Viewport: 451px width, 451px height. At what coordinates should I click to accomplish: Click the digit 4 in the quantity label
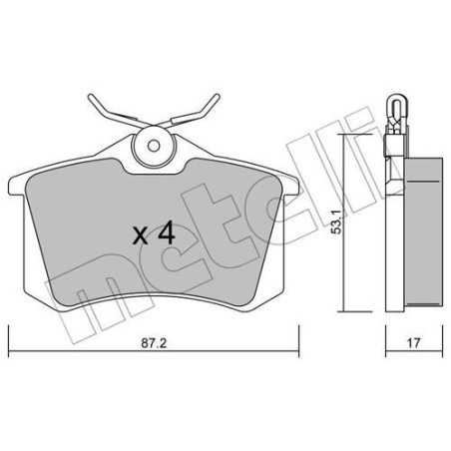pos(166,235)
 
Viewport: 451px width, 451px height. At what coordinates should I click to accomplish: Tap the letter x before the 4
pos(141,237)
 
